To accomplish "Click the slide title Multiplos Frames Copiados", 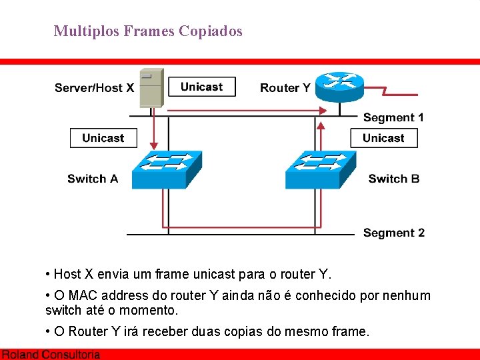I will pyautogui.click(x=148, y=31).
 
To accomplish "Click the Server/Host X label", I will pyautogui.click(x=94, y=87).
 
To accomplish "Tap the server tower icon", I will pyautogui.click(x=151, y=87).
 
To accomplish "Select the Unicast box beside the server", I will pyautogui.click(x=201, y=87).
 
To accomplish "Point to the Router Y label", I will pyautogui.click(x=285, y=87).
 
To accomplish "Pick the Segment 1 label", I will pyautogui.click(x=393, y=117).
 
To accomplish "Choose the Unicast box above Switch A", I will pyautogui.click(x=103, y=138).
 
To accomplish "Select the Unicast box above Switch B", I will pyautogui.click(x=383, y=138).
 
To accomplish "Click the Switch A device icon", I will pyautogui.click(x=166, y=169).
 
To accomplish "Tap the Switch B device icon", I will pyautogui.click(x=320, y=169).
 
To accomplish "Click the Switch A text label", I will pyautogui.click(x=93, y=179).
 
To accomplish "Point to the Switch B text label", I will pyautogui.click(x=393, y=179).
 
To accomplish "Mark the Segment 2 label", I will pyautogui.click(x=393, y=233).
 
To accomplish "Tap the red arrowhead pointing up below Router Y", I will pyautogui.click(x=321, y=125).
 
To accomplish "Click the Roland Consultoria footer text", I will pyautogui.click(x=51, y=355).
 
